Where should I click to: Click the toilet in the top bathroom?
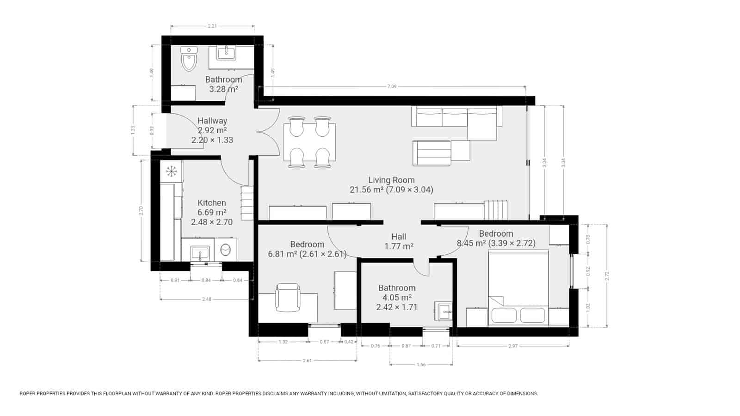(189, 59)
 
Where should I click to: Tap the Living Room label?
(391, 180)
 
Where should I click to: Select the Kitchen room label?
(212, 202)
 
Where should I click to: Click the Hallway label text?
(212, 121)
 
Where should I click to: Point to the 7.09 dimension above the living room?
(392, 86)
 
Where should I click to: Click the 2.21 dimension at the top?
(212, 26)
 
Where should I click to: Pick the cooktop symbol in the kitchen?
(172, 171)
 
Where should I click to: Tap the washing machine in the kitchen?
(226, 250)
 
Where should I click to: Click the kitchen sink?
(200, 253)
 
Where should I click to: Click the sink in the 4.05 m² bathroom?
(445, 311)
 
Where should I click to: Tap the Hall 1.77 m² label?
(399, 242)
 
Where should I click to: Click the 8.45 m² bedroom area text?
(496, 243)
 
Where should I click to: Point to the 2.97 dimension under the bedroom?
(513, 346)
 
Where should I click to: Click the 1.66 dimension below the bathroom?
(421, 365)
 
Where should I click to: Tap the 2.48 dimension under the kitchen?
(207, 299)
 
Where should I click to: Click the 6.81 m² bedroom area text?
(307, 254)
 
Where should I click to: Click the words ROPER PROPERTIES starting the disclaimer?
(43, 394)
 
